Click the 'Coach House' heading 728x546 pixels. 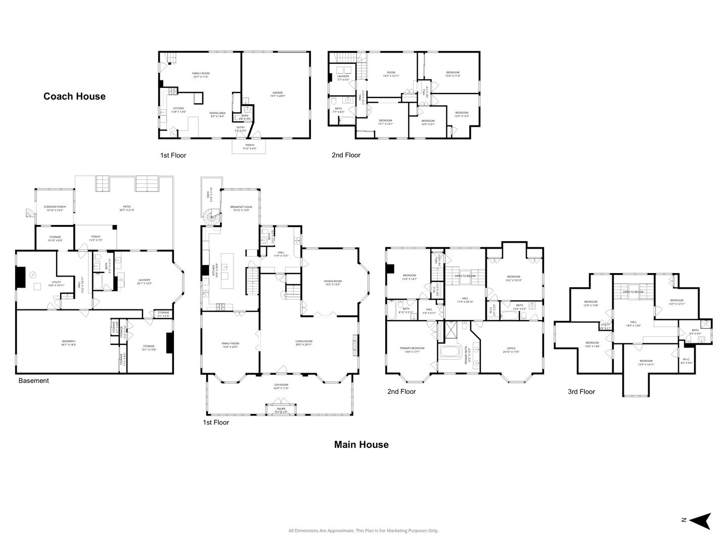click(x=74, y=96)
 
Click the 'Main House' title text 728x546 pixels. click(x=361, y=444)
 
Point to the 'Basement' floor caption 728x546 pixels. click(x=33, y=381)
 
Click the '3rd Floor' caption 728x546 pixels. click(x=581, y=391)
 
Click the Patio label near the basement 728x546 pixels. click(x=127, y=208)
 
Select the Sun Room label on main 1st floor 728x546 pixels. click(x=281, y=386)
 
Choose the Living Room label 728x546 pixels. click(x=304, y=342)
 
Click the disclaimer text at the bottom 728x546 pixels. click(x=363, y=530)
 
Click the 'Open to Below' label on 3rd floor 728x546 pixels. click(x=633, y=292)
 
